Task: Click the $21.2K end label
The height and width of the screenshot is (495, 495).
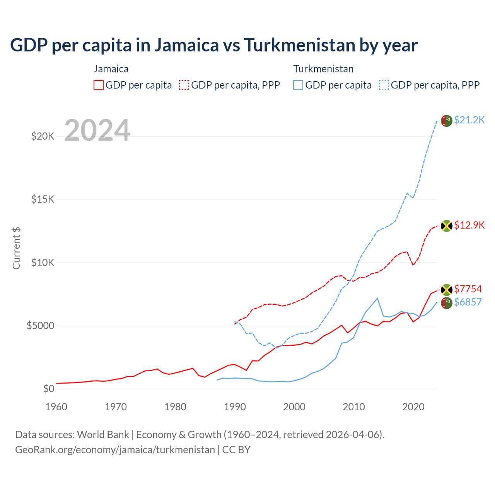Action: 469,120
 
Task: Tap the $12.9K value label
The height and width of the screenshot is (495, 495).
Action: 469,225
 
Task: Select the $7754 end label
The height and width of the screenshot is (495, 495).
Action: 468,289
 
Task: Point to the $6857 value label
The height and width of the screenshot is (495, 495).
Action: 468,302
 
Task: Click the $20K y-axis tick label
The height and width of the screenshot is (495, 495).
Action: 43,137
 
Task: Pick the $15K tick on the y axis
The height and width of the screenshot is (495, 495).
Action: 43,200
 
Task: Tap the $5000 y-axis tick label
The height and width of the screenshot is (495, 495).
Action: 40,326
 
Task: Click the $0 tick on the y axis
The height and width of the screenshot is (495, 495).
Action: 48,389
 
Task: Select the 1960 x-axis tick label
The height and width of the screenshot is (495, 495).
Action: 56,407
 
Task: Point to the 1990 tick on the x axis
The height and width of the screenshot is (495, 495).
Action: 235,407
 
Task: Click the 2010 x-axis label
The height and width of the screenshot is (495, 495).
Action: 354,407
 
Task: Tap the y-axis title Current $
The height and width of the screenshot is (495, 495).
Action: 16,248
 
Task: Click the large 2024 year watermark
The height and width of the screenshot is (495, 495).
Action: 97,130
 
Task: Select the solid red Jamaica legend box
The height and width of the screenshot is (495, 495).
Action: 99,85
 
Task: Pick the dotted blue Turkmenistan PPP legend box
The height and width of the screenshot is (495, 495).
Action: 384,85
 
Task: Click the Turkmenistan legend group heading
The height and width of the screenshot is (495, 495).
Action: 323,69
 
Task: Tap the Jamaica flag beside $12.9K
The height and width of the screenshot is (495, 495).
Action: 447,225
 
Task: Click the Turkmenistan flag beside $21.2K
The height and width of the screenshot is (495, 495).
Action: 447,121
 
